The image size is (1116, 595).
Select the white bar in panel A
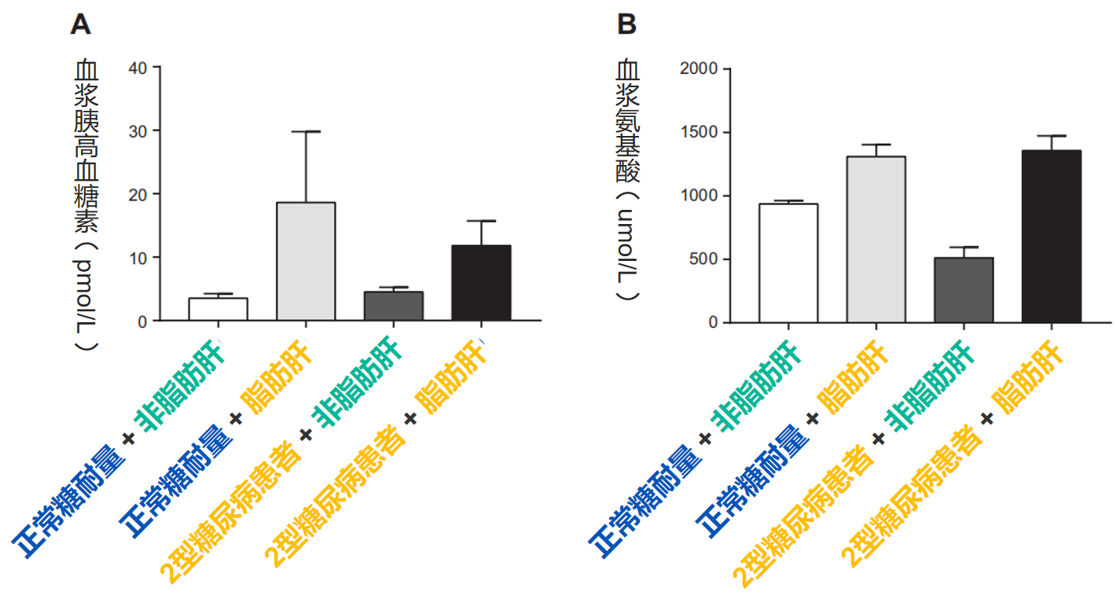click(x=218, y=309)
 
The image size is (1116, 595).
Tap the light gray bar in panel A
click(x=307, y=262)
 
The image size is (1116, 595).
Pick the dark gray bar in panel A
click(x=394, y=307)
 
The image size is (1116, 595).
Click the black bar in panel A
click(x=482, y=283)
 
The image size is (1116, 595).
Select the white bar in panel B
click(x=788, y=263)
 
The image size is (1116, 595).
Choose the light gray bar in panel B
click(x=876, y=240)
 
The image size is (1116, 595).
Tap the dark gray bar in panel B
click(x=964, y=290)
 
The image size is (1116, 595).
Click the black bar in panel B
click(x=1052, y=237)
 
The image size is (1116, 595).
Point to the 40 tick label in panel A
click(x=137, y=68)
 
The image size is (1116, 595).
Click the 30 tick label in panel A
click(x=137, y=130)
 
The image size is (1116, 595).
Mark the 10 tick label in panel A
click(x=137, y=258)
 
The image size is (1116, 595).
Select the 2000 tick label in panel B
click(x=699, y=68)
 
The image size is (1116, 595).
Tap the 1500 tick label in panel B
click(x=699, y=132)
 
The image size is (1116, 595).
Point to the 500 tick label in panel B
click(x=703, y=259)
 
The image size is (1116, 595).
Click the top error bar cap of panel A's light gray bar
click(x=307, y=131)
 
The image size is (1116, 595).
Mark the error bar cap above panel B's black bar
click(x=1052, y=136)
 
